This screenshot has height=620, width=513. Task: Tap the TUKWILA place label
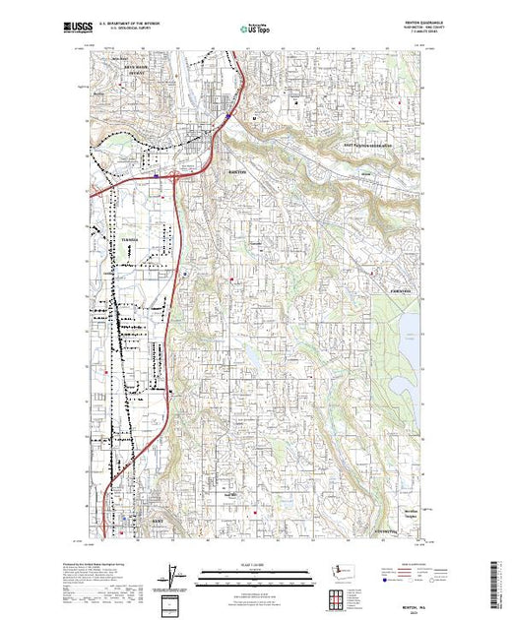tap(125, 240)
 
